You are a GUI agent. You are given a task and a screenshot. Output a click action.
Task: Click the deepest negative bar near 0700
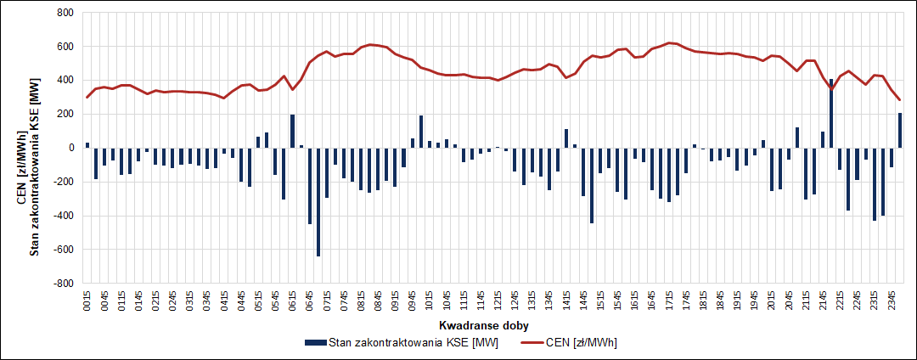pos(318,201)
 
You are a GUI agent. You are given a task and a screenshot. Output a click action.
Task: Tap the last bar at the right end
pos(900,130)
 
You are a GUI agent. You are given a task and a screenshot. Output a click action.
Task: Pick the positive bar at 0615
pos(292,131)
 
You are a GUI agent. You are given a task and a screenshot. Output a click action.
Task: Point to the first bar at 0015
pos(87,145)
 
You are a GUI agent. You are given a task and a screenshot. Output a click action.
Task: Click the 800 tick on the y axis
pos(65,13)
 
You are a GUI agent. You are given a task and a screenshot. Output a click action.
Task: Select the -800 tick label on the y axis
pos(63,283)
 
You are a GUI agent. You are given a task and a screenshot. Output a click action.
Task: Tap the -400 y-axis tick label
pos(63,216)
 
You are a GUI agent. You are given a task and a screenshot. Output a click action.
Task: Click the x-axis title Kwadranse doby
pos(478,325)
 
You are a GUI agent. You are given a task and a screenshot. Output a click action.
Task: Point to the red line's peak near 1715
pos(670,42)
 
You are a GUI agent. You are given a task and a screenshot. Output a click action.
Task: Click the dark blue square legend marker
pos(313,342)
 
